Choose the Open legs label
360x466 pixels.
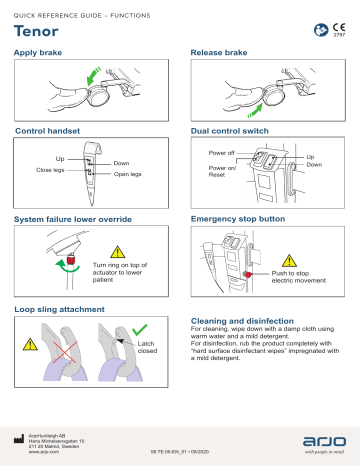(128, 174)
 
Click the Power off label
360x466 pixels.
(223, 152)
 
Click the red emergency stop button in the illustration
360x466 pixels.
(246, 271)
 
